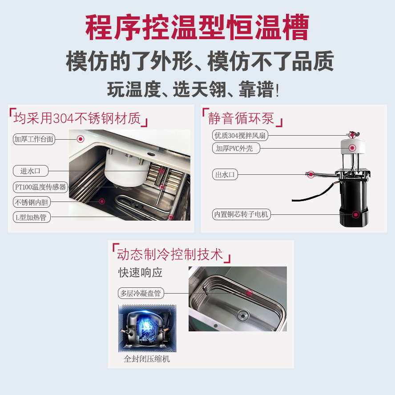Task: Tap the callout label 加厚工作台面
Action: click(x=34, y=139)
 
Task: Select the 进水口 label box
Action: click(x=30, y=171)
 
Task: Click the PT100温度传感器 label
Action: click(x=40, y=187)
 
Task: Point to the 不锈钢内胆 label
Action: click(x=32, y=202)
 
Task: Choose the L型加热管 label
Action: click(x=30, y=218)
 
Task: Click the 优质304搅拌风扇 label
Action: click(x=241, y=135)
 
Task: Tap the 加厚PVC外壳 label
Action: click(x=234, y=148)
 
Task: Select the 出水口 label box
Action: click(x=225, y=175)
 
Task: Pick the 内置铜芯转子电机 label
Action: click(x=241, y=214)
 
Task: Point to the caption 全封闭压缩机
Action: click(x=147, y=359)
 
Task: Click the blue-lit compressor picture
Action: click(x=147, y=328)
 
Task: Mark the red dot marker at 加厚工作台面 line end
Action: click(x=81, y=139)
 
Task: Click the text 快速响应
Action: click(x=140, y=272)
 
